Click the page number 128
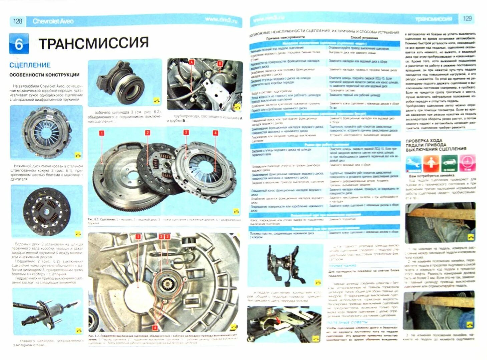pyautogui.click(x=18, y=21)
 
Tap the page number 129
pyautogui.click(x=467, y=18)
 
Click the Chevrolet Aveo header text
pyautogui.click(x=53, y=21)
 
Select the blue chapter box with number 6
pyautogui.click(x=19, y=44)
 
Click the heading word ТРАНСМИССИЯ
pyautogui.click(x=94, y=43)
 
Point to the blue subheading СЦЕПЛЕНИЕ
pyautogui.click(x=30, y=65)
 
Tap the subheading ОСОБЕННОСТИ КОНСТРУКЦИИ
pyautogui.click(x=44, y=75)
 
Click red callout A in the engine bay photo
pyautogui.click(x=191, y=62)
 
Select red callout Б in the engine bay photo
pyautogui.click(x=220, y=63)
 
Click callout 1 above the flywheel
pyautogui.click(x=102, y=133)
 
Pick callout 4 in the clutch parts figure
pyautogui.click(x=215, y=133)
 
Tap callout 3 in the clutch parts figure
pyautogui.click(x=186, y=132)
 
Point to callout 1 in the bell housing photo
pyautogui.click(x=138, y=237)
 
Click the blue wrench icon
pyautogui.click(x=413, y=163)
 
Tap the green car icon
pyautogui.click(x=449, y=163)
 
